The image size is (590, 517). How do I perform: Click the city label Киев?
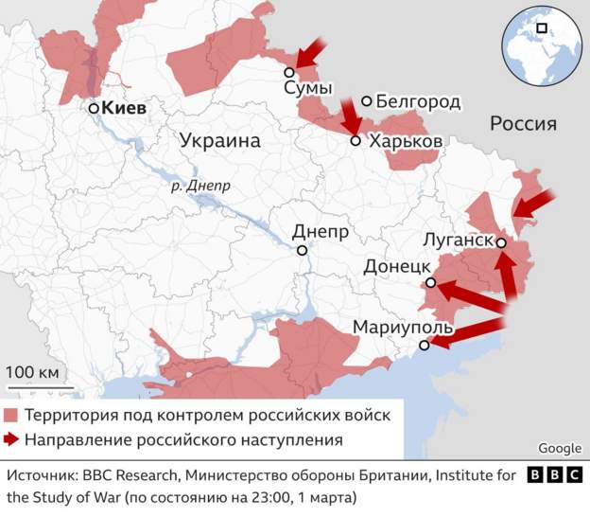tap(124, 109)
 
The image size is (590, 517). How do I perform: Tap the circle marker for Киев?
tap(94, 109)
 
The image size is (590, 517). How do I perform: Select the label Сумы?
tap(308, 89)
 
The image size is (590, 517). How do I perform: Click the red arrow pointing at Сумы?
tap(309, 53)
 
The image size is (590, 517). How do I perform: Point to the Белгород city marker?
tap(366, 101)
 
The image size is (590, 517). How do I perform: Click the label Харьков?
tap(406, 140)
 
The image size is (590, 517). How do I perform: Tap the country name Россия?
tap(523, 124)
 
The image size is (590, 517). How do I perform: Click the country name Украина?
tap(218, 140)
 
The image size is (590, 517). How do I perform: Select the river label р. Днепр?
tap(200, 187)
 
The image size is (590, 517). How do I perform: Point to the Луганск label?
tap(459, 240)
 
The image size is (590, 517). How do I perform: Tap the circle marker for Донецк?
tap(430, 282)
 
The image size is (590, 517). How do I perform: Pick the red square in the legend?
tap(11, 415)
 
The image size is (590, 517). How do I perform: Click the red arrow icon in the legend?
tap(11, 439)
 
